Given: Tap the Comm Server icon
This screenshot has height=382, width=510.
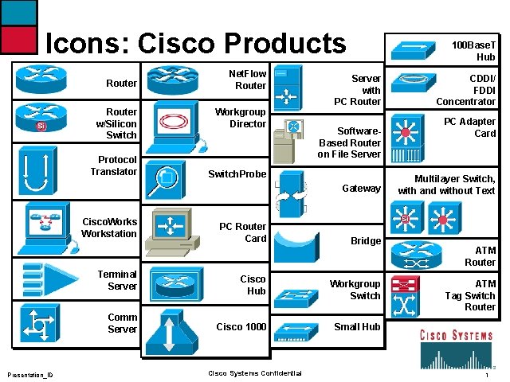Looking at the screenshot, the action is [37, 323].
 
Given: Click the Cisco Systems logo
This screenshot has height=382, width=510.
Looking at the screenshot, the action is [456, 347].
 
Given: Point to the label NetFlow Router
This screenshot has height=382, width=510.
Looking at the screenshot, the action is [250, 80].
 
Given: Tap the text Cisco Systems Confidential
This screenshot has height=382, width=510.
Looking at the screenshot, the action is [254, 373].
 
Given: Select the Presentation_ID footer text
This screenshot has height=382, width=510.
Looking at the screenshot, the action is [30, 374].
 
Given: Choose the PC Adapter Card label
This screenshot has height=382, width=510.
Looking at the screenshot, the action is [469, 127].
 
